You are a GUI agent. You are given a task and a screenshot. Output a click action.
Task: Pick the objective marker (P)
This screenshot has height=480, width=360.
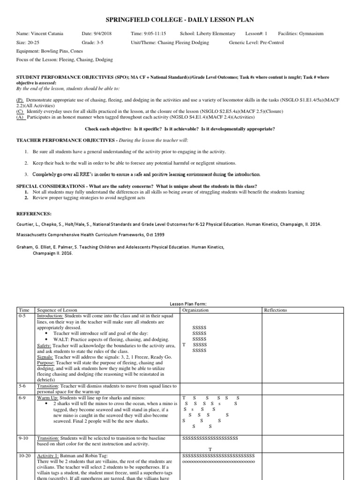pyautogui.click(x=20, y=101)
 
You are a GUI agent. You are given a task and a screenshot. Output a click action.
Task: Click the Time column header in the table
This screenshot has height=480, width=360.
pyautogui.click(x=23, y=310)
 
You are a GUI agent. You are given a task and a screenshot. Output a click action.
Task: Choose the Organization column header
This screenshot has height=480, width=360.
pyautogui.click(x=195, y=310)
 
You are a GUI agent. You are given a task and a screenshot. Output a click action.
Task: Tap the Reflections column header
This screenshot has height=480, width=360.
pyautogui.click(x=276, y=310)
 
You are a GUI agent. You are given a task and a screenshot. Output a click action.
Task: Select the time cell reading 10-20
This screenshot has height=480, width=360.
pyautogui.click(x=24, y=455)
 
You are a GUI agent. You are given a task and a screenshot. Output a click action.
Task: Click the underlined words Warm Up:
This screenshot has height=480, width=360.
pyautogui.click(x=49, y=397)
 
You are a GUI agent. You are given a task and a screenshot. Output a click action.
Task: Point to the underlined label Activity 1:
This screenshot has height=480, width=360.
pyautogui.click(x=49, y=455)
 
